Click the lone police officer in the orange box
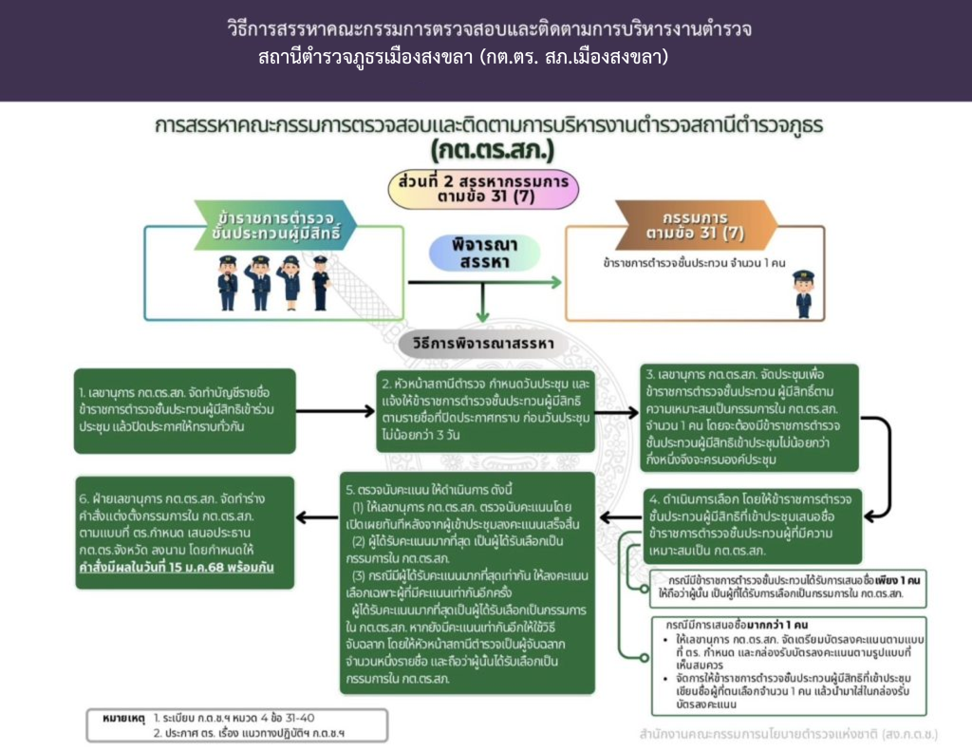(x=803, y=293)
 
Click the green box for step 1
(x=184, y=409)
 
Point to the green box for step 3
(x=736, y=418)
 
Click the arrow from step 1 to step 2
(x=336, y=410)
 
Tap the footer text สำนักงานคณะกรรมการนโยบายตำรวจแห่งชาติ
(x=787, y=734)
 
